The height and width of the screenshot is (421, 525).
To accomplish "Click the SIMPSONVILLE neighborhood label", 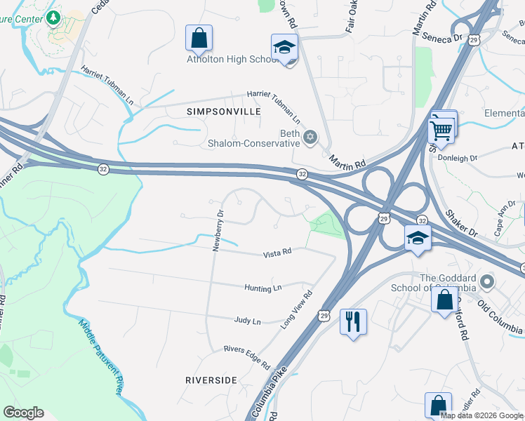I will [224, 112].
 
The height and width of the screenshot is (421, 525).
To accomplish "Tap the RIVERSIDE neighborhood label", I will [211, 380].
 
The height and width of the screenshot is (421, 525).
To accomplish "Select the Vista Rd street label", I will [277, 255].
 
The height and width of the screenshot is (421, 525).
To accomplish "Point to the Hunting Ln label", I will [263, 288].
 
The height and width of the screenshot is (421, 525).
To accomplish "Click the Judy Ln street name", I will [247, 321].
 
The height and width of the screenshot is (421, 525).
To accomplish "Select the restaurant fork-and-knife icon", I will [352, 322].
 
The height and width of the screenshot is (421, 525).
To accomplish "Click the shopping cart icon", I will [441, 128].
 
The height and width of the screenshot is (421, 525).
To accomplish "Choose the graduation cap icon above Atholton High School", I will [284, 47].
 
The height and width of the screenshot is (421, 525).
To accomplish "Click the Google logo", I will [23, 413].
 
